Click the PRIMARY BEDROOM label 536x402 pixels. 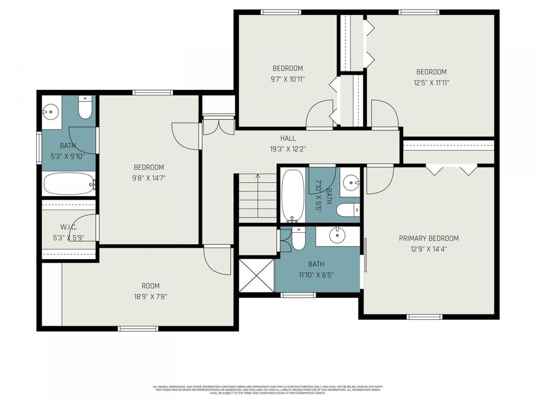coord(428,238)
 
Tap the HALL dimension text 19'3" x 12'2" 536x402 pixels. coord(288,149)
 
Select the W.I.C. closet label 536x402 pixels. coord(68,228)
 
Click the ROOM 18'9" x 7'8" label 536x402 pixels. coord(150,286)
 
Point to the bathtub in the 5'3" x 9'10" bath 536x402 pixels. coord(68,183)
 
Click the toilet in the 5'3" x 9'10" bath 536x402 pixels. coord(85,109)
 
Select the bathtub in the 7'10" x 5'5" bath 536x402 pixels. coord(292,195)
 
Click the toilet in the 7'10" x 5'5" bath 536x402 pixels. coord(347,210)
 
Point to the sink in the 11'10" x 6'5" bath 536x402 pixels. coord(338,235)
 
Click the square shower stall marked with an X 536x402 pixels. coord(256,275)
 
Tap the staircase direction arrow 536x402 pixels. coord(257,176)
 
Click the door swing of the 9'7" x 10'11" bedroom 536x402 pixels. coord(319,114)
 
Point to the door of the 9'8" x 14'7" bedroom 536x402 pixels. coord(185,135)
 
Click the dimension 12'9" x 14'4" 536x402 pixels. coord(428,249)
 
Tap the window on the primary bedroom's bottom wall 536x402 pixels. coord(419,316)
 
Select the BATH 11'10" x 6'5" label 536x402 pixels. coord(316,269)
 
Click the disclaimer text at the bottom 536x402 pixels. coord(267,390)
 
